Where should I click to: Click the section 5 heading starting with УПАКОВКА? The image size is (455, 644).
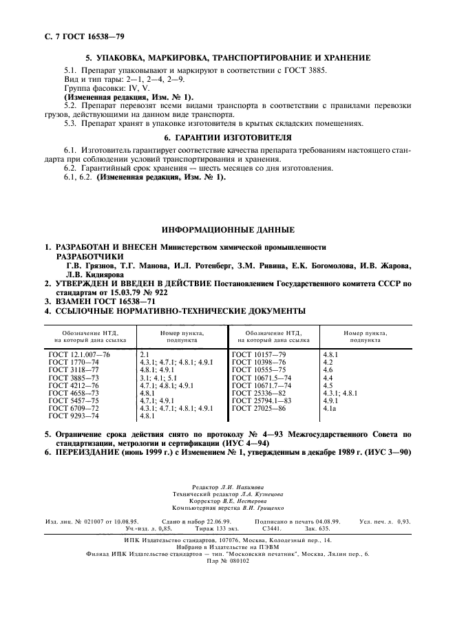click(227, 58)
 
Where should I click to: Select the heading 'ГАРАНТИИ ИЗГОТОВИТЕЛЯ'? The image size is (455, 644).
click(227, 138)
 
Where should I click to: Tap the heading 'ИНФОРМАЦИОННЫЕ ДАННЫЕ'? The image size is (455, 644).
click(227, 229)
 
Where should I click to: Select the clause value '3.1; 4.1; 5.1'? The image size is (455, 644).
click(158, 377)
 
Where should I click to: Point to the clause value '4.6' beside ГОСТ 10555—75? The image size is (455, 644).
click(328, 369)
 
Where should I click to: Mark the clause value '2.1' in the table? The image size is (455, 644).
click(145, 353)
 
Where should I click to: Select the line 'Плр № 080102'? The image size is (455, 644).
click(228, 561)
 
